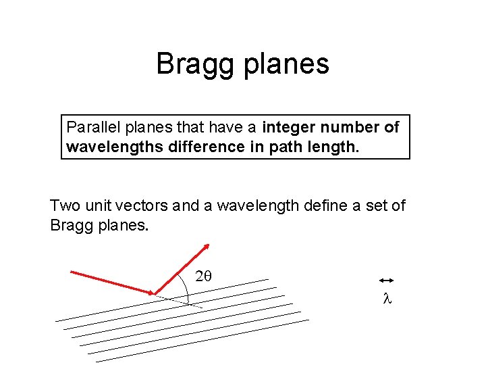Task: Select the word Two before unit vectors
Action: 65,205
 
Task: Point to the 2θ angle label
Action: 203,276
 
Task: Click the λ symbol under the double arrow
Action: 387,297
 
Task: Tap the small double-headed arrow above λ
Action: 386,280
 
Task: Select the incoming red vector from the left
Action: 111,283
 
